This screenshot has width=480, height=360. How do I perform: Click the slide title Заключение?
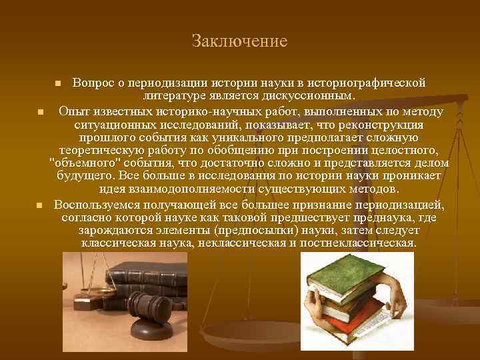(x=239, y=41)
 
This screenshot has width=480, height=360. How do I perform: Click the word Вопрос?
(x=93, y=83)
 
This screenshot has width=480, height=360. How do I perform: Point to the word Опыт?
(x=72, y=110)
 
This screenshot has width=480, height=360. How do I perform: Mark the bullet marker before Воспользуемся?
(x=40, y=205)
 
